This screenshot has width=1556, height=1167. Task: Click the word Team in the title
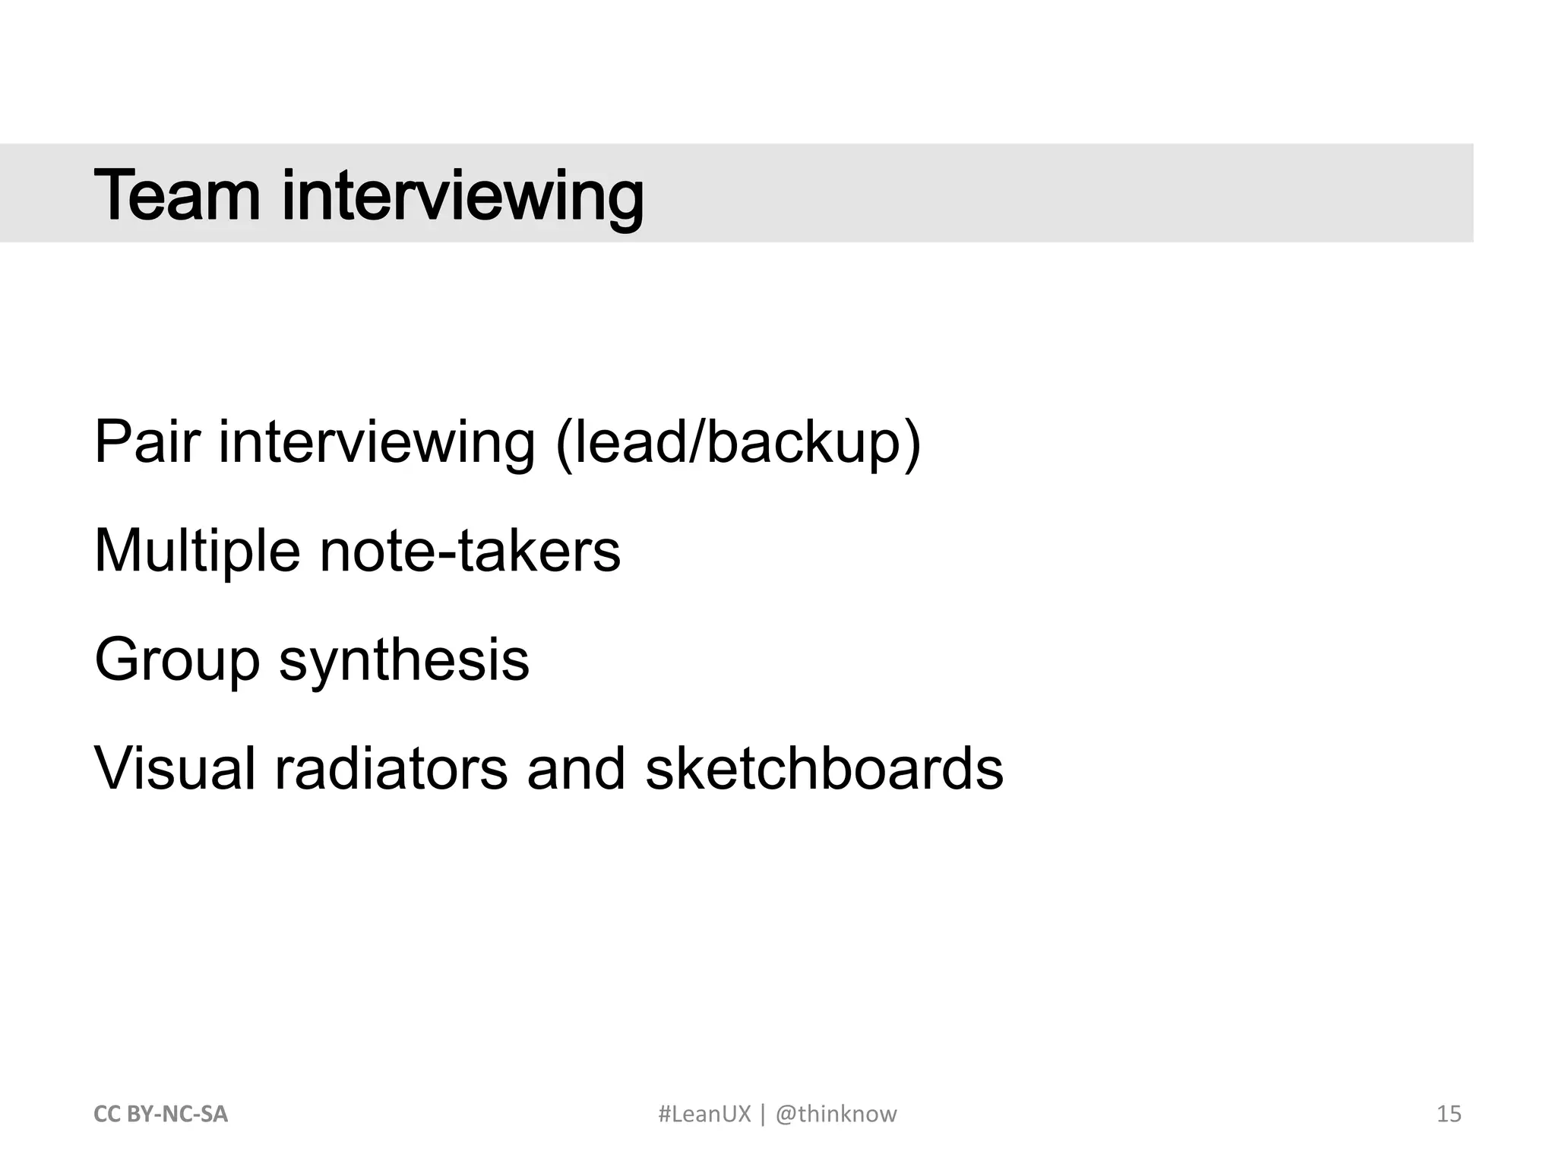(177, 195)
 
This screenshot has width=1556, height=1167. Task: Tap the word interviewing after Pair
(377, 444)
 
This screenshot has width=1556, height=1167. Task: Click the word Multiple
(197, 552)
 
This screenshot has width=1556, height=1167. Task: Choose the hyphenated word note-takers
(470, 550)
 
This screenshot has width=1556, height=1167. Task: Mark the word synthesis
(404, 661)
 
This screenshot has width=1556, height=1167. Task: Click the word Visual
(175, 768)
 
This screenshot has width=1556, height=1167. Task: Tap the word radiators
(391, 768)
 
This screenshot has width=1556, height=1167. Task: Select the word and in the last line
(576, 768)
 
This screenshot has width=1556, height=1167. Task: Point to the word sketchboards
(824, 768)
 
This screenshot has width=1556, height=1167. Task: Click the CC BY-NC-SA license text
(160, 1114)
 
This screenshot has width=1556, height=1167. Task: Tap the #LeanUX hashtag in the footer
(704, 1114)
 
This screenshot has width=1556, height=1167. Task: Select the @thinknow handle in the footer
(836, 1114)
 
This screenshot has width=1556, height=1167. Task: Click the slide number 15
(1449, 1114)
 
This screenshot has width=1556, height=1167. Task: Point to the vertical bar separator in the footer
(763, 1114)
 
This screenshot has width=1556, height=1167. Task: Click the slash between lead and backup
(695, 442)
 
